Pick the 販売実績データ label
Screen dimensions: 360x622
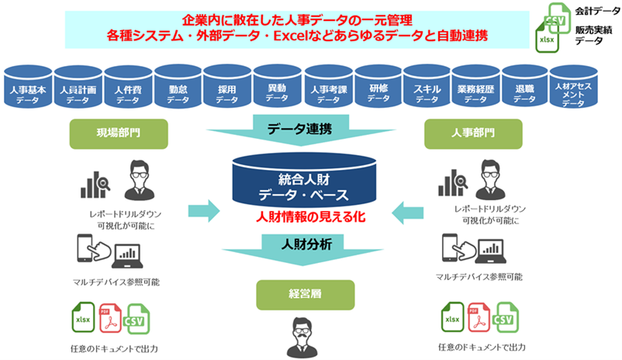[x=593, y=36]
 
